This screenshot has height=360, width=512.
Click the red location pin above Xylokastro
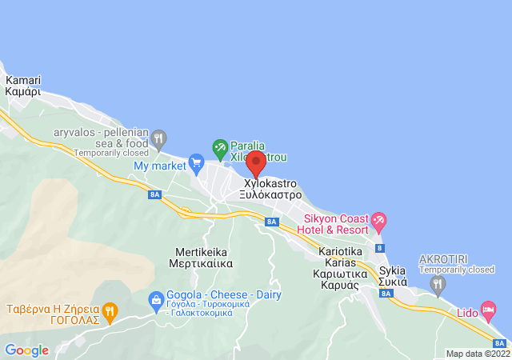point(255,162)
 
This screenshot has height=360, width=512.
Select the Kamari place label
point(23,86)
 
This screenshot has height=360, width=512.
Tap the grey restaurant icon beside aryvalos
point(159,137)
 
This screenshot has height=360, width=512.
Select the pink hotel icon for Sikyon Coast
point(378,218)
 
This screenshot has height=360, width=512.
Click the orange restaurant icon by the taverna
point(110,310)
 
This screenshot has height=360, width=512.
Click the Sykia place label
point(393,276)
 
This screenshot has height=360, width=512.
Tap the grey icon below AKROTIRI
point(437,283)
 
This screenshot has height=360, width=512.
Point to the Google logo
point(26,350)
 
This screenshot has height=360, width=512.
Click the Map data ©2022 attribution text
point(477,354)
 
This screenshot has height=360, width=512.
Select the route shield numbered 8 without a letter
point(380,249)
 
